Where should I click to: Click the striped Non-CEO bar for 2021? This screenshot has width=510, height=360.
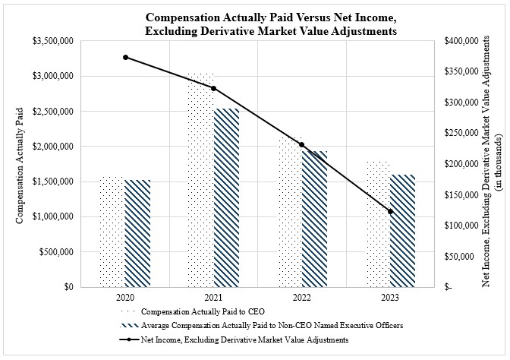226,197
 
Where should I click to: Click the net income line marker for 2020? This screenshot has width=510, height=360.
125,57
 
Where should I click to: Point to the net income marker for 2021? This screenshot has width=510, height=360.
214,88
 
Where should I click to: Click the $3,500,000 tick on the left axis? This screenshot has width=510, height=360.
53,41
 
